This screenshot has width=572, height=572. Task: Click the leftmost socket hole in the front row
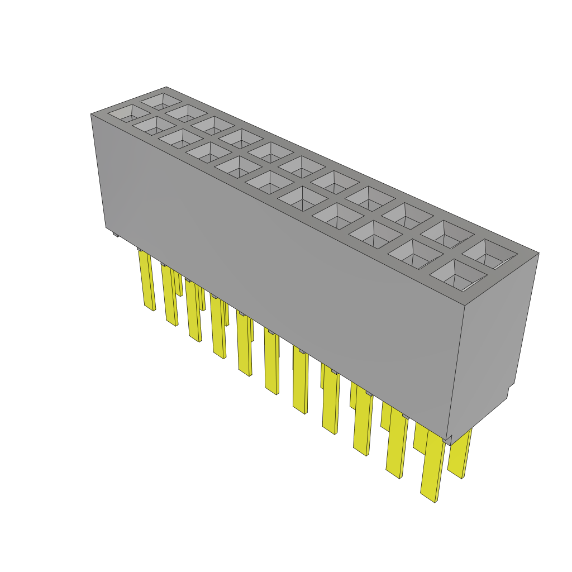pyautogui.click(x=129, y=115)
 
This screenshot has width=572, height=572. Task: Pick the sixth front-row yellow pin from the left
pyautogui.click(x=271, y=363)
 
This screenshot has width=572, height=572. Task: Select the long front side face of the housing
pyautogui.click(x=279, y=251)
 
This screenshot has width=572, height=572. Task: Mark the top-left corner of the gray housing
pyautogui.click(x=91, y=114)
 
